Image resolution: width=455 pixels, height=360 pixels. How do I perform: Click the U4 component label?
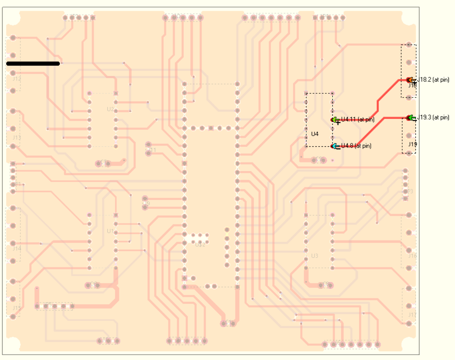coord(315,134)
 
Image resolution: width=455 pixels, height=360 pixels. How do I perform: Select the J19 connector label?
coord(412,145)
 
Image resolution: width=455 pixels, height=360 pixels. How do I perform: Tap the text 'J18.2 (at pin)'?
coord(433,80)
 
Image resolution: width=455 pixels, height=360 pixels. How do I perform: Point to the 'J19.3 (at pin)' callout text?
coord(433,117)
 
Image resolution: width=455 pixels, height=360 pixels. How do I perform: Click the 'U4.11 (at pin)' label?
coord(358,120)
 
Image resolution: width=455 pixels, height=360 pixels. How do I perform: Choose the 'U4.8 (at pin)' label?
coord(356,145)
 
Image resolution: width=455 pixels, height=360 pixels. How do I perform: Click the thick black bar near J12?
coord(33,63)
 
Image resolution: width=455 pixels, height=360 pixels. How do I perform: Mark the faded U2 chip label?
coord(110,109)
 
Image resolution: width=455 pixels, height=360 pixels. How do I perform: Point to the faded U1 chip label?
coord(110,231)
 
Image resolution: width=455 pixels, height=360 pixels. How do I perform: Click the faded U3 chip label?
coord(315,256)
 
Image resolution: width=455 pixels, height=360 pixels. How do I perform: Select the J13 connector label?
coord(17,138)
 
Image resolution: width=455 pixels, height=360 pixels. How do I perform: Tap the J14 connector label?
coord(17,248)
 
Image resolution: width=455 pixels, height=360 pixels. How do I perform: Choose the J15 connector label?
coord(17,308)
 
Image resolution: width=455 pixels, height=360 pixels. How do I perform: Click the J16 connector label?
coord(412,256)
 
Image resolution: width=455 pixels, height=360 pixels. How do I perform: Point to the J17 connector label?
coord(412,315)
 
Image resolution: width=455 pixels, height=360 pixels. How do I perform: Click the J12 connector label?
coord(17,78)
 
